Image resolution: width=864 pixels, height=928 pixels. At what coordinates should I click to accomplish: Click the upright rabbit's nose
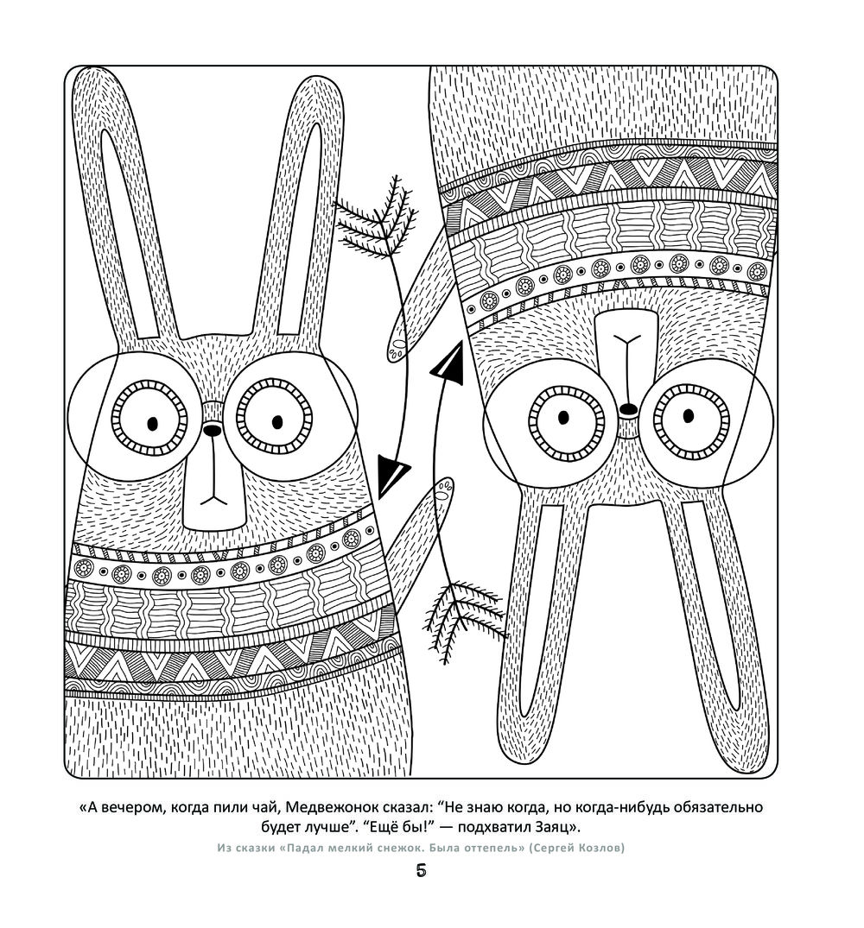[x=210, y=430]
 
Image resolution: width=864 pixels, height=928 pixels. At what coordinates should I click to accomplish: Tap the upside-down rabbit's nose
[x=629, y=408]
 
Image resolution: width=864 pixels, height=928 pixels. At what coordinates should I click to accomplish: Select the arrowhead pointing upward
[x=448, y=364]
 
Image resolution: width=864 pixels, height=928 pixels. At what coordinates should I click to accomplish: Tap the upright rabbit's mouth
[x=213, y=497]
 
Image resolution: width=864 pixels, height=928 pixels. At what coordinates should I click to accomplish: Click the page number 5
[x=421, y=871]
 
